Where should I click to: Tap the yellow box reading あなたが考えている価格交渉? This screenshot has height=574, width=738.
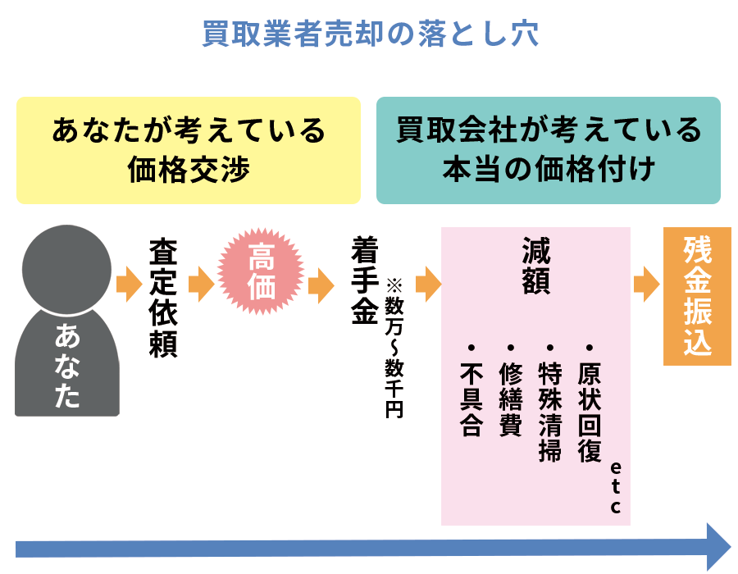(188, 150)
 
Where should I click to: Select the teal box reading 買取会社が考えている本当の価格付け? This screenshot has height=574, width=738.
(548, 150)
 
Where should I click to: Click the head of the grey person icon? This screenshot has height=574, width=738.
(66, 262)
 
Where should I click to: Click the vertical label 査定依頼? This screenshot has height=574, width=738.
(164, 298)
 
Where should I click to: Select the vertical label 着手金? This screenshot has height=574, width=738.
(365, 281)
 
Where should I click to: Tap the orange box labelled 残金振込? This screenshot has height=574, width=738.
(697, 296)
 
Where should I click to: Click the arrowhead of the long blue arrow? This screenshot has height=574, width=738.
(717, 546)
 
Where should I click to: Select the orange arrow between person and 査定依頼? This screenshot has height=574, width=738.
(130, 285)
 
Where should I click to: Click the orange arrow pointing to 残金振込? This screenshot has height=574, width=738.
(647, 285)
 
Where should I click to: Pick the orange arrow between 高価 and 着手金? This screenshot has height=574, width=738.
(321, 285)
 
